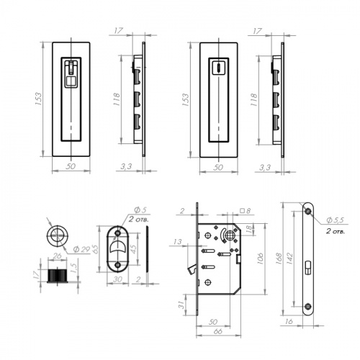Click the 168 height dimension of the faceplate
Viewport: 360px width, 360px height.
point(279,258)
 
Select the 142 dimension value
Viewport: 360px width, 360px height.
point(290,258)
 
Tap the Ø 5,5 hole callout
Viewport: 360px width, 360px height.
point(336,220)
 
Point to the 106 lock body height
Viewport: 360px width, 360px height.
point(260,258)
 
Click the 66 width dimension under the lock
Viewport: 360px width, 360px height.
point(217,331)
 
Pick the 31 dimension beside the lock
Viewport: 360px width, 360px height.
point(181,305)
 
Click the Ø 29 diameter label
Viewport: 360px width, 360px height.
point(81,249)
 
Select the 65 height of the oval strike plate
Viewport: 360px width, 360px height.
point(95,249)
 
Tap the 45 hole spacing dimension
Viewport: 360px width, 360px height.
point(133,249)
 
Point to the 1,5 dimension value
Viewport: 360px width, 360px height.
point(74,268)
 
